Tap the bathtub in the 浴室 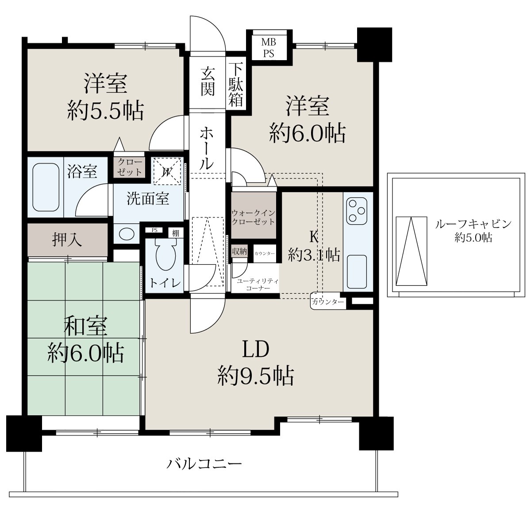[46, 187]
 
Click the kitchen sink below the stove [357, 271]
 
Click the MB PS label [269, 47]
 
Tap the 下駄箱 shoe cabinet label [235, 85]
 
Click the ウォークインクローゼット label [253, 217]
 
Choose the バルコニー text [204, 464]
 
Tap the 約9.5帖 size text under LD [255, 376]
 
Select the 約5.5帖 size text [106, 111]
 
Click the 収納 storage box [239, 251]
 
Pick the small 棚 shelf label [176, 233]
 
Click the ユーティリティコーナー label [258, 285]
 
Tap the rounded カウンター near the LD [328, 302]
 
